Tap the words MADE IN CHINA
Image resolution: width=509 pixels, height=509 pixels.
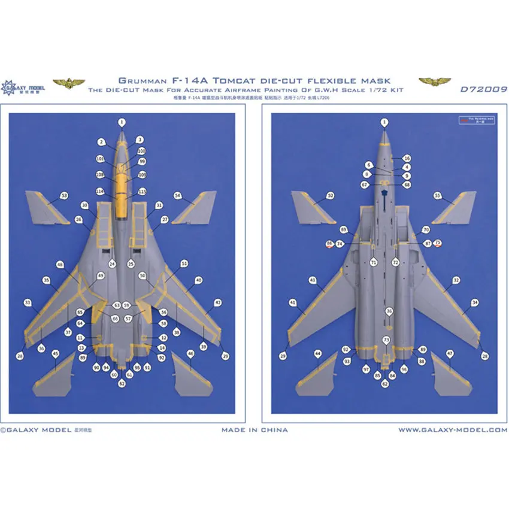(255, 429)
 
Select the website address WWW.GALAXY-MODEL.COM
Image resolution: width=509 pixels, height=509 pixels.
(453, 429)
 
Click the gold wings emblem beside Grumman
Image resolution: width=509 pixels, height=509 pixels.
(66, 82)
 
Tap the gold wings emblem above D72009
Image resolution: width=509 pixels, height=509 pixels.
(435, 81)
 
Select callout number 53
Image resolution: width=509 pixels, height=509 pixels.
(64, 195)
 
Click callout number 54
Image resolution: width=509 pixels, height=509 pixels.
(177, 195)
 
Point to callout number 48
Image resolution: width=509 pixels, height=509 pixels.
(60, 264)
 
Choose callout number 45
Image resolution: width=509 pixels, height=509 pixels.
(55, 354)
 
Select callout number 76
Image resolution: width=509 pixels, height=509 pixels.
(389, 311)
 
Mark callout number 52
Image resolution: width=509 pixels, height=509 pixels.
(330, 195)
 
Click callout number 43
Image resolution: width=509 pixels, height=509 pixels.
(313, 280)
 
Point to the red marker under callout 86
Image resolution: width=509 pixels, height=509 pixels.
(330, 248)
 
